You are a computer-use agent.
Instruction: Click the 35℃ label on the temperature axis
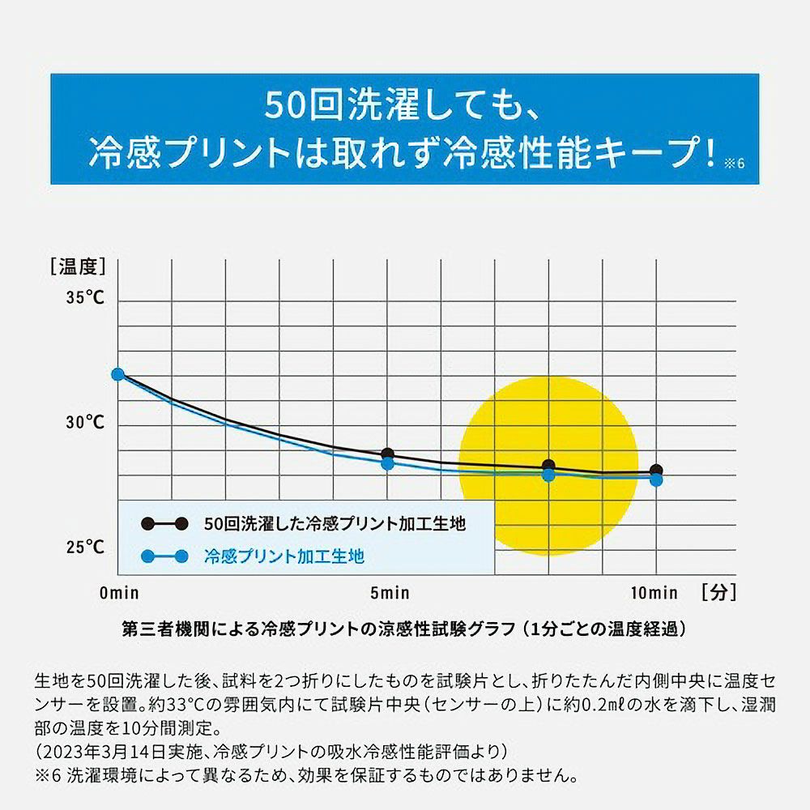[86, 297]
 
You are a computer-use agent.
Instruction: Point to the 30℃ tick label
[86, 422]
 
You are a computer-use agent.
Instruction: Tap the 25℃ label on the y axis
[86, 547]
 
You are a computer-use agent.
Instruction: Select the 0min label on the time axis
[119, 593]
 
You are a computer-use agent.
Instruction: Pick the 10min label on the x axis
[654, 593]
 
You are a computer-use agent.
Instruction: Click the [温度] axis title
[78, 265]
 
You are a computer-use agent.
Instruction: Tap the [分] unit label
[719, 592]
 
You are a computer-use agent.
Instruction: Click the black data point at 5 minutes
[387, 454]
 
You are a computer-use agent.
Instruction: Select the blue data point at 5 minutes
[387, 464]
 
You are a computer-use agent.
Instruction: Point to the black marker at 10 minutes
[656, 471]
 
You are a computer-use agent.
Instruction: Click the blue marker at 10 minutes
[656, 480]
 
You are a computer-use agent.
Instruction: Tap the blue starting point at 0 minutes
[117, 374]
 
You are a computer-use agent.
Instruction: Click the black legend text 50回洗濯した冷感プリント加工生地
[335, 524]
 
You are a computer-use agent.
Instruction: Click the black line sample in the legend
[164, 523]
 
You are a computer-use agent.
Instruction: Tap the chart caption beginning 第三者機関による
[404, 629]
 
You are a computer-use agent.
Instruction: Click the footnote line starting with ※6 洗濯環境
[308, 775]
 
